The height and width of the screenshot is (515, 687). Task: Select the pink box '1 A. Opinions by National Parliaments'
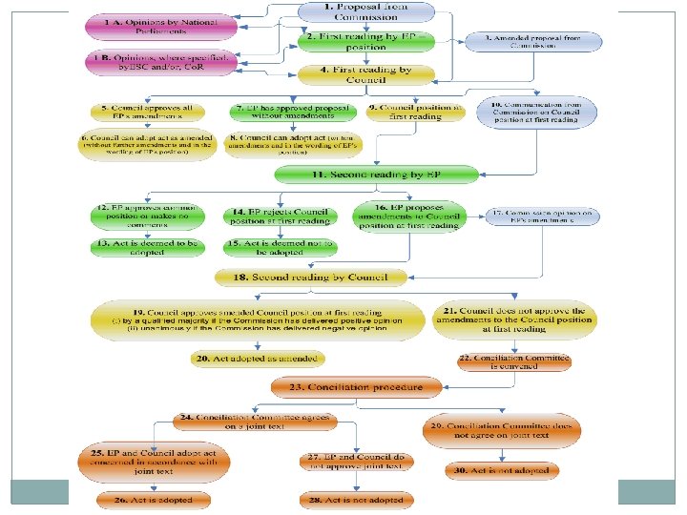click(x=157, y=26)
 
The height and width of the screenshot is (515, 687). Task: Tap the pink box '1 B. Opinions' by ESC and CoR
click(x=157, y=64)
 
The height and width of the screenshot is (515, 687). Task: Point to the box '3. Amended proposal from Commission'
click(x=534, y=43)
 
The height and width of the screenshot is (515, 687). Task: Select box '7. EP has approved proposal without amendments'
click(x=281, y=113)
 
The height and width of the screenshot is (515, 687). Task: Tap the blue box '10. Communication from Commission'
click(x=541, y=113)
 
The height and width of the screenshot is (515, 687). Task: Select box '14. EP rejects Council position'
click(x=281, y=215)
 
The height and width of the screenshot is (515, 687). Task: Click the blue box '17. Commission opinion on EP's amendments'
click(x=545, y=216)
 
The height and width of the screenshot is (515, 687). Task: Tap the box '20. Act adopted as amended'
click(x=257, y=359)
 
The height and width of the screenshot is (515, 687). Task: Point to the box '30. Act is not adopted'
click(x=501, y=470)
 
